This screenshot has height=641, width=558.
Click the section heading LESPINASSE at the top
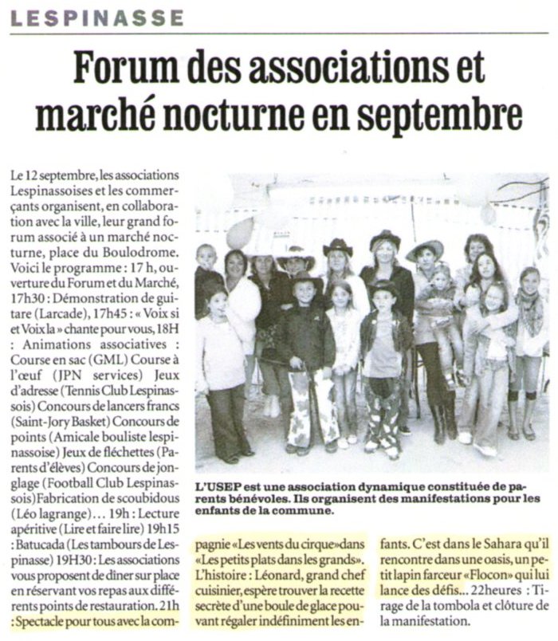point(97,17)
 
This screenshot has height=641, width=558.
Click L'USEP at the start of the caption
point(216,486)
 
